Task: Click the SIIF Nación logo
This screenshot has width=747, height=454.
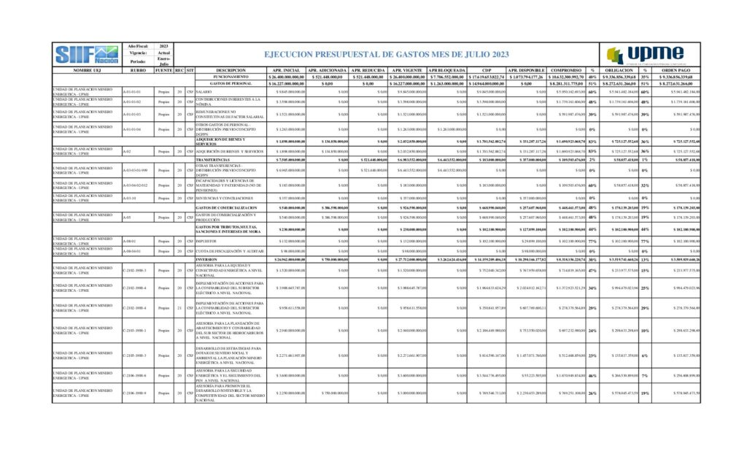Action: [x=87, y=53]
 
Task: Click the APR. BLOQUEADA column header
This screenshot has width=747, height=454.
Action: [x=446, y=70]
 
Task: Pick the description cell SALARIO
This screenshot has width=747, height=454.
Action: [x=204, y=92]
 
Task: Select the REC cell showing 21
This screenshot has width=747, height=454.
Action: [x=179, y=308]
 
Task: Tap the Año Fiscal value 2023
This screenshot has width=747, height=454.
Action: [x=164, y=46]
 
